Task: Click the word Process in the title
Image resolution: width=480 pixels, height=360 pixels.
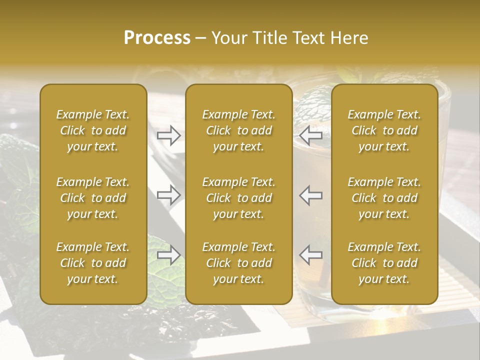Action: pos(157,37)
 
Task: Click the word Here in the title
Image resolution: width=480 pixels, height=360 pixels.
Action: pos(349,37)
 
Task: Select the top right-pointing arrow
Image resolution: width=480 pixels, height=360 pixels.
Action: pos(168,135)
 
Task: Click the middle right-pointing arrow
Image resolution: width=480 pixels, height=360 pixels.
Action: pos(168,195)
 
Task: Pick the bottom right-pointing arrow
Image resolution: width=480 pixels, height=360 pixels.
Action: pos(168,255)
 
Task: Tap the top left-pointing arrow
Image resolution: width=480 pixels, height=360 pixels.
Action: pos(311,135)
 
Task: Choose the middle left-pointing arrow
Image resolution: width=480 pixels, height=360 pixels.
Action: pos(311,195)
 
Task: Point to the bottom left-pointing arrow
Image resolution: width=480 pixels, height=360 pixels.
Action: pos(311,255)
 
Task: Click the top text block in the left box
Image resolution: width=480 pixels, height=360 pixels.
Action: pos(93,130)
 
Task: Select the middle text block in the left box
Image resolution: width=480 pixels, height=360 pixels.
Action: pos(93,198)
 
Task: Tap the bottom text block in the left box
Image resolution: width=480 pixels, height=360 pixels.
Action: pos(93,263)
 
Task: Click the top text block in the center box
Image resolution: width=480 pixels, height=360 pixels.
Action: pos(238,130)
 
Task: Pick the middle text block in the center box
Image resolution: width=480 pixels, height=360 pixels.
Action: pos(238,198)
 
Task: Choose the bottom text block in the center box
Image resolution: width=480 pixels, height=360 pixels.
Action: pos(238,263)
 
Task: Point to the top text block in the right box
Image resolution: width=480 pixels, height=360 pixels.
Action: pos(384,130)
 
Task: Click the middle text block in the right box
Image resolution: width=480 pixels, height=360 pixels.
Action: pos(384,198)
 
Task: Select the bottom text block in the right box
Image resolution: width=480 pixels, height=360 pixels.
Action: pos(384,263)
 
